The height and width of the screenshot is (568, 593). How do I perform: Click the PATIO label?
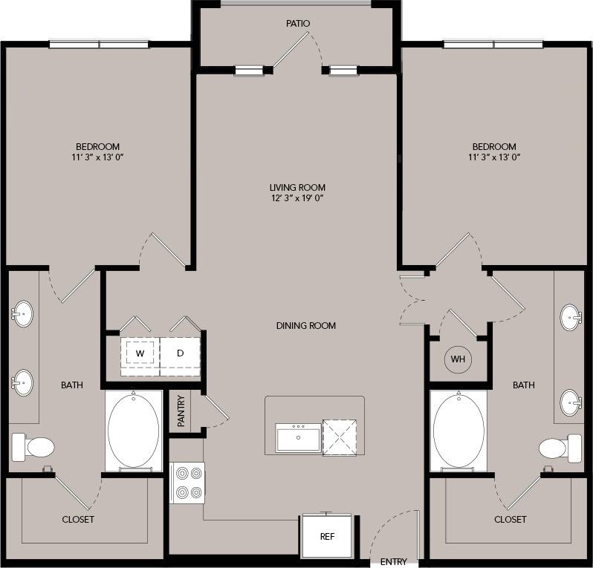(x=298, y=24)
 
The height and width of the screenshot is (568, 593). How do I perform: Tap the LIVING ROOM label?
(x=297, y=188)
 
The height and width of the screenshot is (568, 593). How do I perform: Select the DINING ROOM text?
(x=306, y=325)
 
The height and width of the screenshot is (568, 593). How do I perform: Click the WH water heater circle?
(x=458, y=359)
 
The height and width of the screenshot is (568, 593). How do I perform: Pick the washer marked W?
(x=140, y=352)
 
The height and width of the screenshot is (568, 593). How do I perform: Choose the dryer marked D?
(x=180, y=352)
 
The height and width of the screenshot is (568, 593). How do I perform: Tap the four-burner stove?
(x=187, y=483)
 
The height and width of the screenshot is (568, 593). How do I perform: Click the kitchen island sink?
(x=297, y=438)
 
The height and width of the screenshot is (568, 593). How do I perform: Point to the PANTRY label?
(x=181, y=411)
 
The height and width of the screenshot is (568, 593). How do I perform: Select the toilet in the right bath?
(x=560, y=448)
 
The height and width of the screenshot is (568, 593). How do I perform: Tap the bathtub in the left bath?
(x=134, y=431)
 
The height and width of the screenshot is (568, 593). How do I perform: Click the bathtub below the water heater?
(x=458, y=431)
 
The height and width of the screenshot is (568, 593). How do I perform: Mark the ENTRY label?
(x=393, y=561)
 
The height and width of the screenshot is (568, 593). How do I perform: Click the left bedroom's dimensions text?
(x=97, y=157)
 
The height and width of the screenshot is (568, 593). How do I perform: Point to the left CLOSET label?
(x=78, y=519)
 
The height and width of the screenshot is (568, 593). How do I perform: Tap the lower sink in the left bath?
(x=22, y=383)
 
